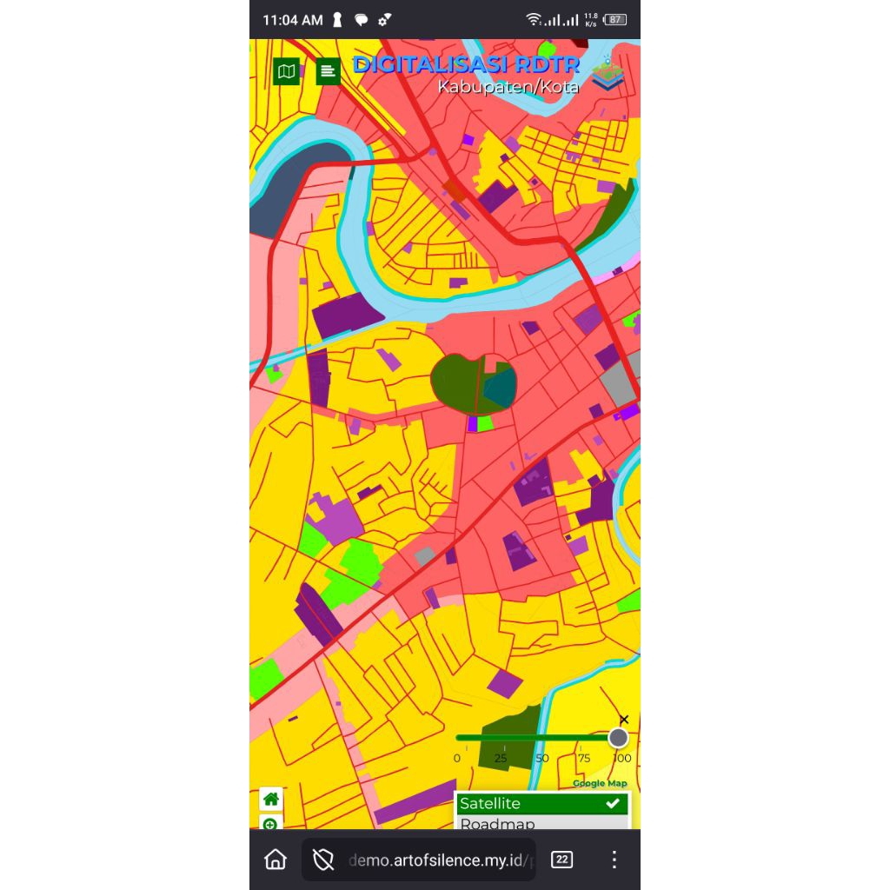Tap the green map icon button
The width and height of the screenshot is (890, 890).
[x=286, y=71]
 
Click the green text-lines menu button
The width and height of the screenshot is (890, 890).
[x=328, y=71]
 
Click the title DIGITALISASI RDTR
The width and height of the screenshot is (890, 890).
[x=465, y=65]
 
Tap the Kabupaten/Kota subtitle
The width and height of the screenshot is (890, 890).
[x=508, y=87]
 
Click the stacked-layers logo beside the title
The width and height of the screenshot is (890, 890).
[x=608, y=75]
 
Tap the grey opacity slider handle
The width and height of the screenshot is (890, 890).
[x=618, y=738]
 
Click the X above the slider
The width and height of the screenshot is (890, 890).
[x=623, y=720]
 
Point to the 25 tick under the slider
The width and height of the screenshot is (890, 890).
[x=501, y=758]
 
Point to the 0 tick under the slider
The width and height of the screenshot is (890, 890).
[x=457, y=758]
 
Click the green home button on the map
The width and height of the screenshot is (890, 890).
[x=271, y=799]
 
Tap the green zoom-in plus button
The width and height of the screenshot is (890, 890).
[x=270, y=823]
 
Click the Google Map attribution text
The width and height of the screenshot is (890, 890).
[x=599, y=784]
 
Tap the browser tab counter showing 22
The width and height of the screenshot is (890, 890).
[x=562, y=860]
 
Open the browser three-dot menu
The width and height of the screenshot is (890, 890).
[x=614, y=860]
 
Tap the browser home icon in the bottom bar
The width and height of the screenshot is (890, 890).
[x=276, y=860]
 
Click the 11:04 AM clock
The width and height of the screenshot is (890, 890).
[x=292, y=20]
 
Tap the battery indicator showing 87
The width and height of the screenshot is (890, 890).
[x=615, y=20]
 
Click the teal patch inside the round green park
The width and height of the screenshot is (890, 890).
[x=500, y=388]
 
